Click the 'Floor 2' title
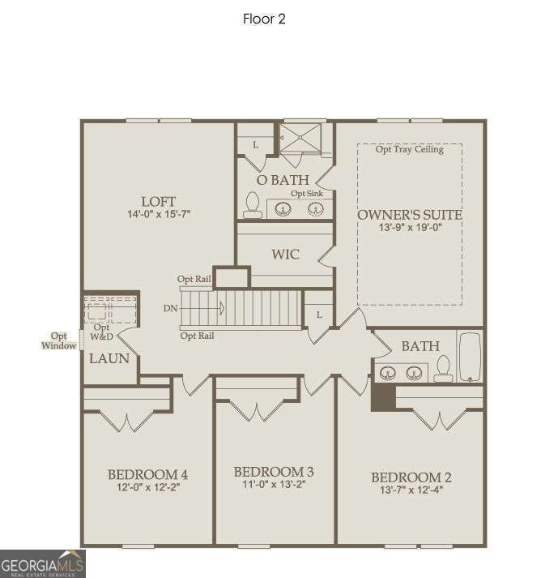click(x=264, y=19)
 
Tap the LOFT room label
click(x=158, y=201)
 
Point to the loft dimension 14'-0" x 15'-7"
click(x=158, y=215)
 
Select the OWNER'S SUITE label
click(x=410, y=215)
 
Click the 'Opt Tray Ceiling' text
click(x=410, y=149)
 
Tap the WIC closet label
click(x=285, y=255)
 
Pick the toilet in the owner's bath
click(x=252, y=206)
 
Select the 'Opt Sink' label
click(x=307, y=194)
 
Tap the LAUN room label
click(x=109, y=358)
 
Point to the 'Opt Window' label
click(x=59, y=340)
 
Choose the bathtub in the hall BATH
click(x=470, y=357)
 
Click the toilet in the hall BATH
click(x=442, y=370)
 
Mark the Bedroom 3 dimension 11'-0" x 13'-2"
click(x=273, y=485)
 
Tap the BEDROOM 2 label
click(x=411, y=477)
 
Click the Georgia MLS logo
click(x=42, y=563)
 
